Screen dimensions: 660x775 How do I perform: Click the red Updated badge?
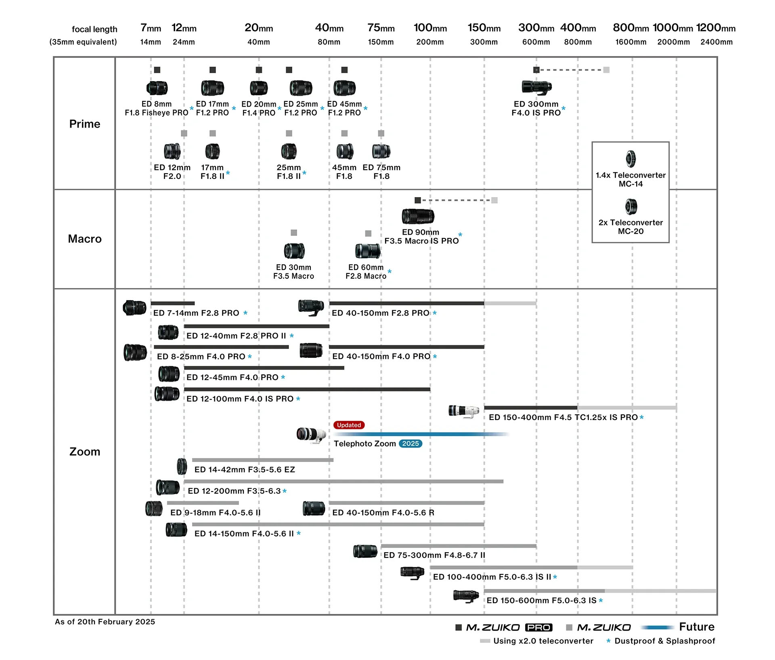pos(349,425)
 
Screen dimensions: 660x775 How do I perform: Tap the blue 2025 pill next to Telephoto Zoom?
pos(410,444)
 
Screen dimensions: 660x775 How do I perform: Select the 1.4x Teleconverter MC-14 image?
pos(630,159)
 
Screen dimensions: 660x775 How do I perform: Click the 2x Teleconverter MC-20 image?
pos(630,206)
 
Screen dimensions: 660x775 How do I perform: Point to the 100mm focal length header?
pos(430,28)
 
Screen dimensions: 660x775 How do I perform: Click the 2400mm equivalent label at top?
pos(716,42)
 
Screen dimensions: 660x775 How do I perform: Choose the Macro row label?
pos(85,239)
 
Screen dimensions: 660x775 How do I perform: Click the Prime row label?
pos(85,124)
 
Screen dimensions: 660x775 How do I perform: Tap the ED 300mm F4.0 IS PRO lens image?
pos(536,87)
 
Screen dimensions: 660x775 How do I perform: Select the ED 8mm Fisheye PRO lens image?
pos(157,88)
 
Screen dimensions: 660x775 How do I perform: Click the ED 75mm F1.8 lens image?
pos(381,151)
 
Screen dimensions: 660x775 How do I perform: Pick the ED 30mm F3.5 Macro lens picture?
pos(294,250)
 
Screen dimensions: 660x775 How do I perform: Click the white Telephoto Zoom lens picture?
pos(311,435)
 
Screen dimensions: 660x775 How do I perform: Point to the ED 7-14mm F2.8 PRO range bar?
pos(173,303)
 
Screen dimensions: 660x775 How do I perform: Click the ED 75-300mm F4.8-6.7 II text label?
pos(434,555)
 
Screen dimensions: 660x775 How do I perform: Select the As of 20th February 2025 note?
pos(105,622)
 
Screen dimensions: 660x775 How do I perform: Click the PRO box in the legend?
pos(538,627)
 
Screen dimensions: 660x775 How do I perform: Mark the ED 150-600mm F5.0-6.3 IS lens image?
pos(466,596)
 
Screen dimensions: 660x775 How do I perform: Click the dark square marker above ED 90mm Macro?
pos(418,200)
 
